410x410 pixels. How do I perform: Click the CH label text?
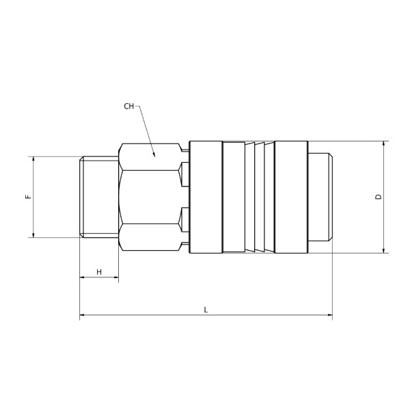(x=129, y=107)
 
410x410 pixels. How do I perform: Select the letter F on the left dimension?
(x=27, y=197)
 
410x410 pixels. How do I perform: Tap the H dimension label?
(x=99, y=272)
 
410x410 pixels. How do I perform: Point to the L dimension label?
(x=206, y=310)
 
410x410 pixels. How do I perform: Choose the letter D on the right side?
(x=379, y=197)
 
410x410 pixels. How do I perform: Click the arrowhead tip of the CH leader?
(x=155, y=156)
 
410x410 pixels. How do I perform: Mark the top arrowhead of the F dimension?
(x=32, y=158)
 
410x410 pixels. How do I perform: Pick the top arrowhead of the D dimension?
(x=384, y=143)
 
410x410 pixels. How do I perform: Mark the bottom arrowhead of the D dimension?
(x=384, y=251)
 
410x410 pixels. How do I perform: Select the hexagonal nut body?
(x=150, y=197)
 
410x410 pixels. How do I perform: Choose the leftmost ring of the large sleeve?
(x=206, y=197)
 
